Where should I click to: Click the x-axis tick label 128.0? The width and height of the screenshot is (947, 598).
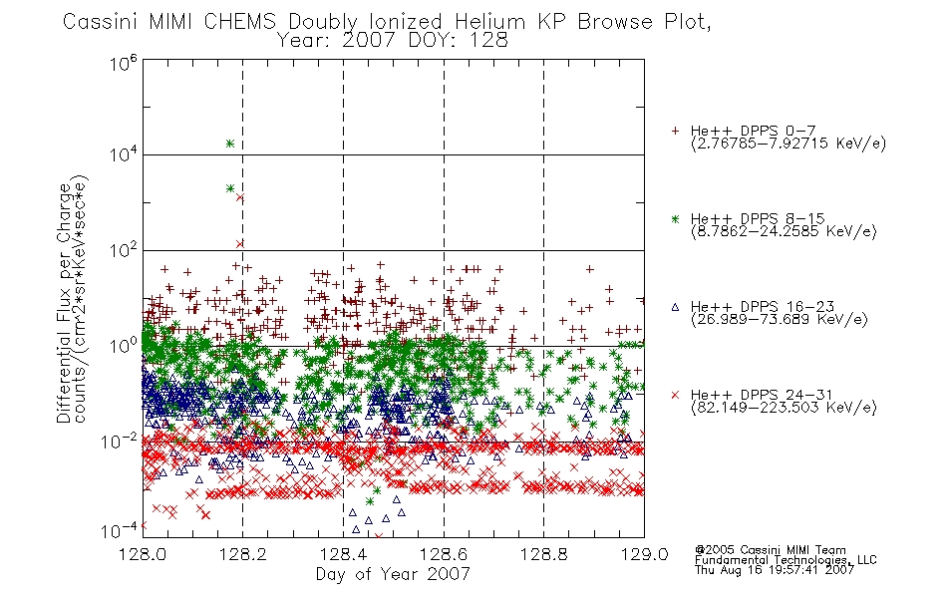point(143,554)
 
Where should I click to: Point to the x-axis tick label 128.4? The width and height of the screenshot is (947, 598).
point(343,554)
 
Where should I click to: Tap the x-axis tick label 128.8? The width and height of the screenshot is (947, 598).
point(543,554)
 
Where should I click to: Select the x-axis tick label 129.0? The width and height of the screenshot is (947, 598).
point(644,554)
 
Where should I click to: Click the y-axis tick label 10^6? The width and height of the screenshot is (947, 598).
point(124,63)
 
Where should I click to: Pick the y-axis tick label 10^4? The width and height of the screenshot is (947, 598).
point(124,154)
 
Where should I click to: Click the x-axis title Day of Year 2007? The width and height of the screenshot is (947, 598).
point(393,574)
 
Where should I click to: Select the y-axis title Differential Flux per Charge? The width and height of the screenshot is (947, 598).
point(64,303)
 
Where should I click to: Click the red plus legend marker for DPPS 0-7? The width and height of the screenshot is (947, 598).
point(675,131)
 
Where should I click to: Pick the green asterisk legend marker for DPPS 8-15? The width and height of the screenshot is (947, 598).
point(675,218)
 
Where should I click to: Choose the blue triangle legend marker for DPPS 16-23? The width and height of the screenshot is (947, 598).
point(675,307)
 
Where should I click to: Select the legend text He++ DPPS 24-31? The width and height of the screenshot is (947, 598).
point(762,395)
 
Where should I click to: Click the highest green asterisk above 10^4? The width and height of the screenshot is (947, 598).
point(230,144)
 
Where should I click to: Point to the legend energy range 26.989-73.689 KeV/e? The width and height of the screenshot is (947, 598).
point(780,319)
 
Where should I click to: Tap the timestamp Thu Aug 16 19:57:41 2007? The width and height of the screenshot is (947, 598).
point(775,569)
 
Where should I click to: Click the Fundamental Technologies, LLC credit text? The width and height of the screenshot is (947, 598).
point(786,560)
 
